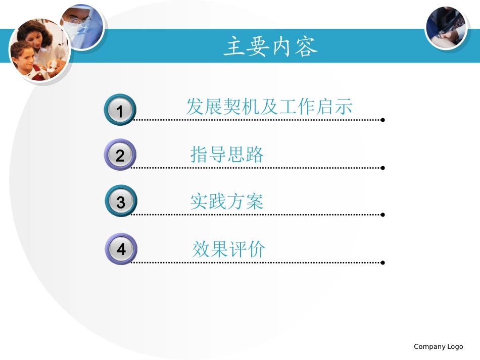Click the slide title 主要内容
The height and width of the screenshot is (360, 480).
point(271,47)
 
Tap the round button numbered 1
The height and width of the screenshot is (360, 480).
point(120,110)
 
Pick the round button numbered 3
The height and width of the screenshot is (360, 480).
point(121,201)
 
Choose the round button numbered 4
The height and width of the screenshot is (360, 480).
point(121,248)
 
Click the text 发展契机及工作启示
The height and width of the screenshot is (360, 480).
point(269,107)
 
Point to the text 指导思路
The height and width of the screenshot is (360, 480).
point(227,154)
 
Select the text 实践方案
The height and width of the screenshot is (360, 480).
point(227,201)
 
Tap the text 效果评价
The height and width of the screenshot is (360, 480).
point(228,249)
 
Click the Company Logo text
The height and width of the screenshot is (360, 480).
point(438,346)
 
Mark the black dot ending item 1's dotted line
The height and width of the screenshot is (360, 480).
point(382,120)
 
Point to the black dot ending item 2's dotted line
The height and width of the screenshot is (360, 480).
point(382,168)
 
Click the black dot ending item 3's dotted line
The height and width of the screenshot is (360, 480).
point(382,215)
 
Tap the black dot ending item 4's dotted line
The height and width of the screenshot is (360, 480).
point(382,263)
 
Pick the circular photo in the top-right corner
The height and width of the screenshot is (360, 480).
point(446,28)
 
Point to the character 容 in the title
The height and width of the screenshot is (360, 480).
point(307,47)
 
